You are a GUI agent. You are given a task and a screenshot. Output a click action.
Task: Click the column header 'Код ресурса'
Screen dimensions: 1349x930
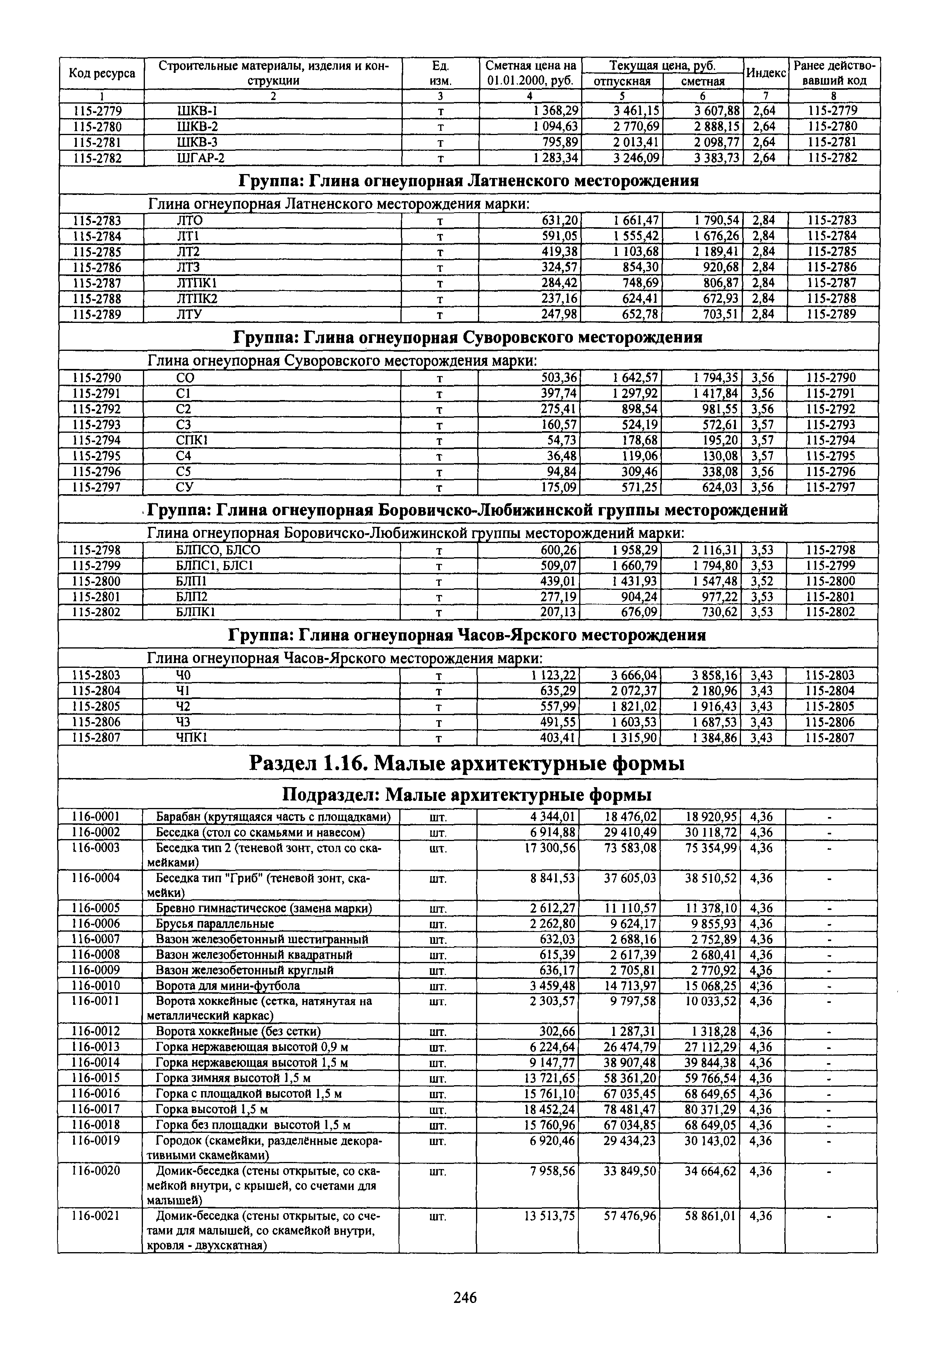coord(102,73)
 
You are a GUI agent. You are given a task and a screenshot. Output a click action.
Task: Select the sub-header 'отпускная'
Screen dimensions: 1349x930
coord(622,82)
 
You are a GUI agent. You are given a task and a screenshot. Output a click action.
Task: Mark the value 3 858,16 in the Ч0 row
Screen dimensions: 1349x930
coord(714,675)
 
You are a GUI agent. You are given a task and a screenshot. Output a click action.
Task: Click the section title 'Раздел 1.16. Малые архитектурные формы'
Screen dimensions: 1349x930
coord(467,763)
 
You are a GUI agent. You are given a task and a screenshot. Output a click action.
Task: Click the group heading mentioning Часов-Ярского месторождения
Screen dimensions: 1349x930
coord(467,635)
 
